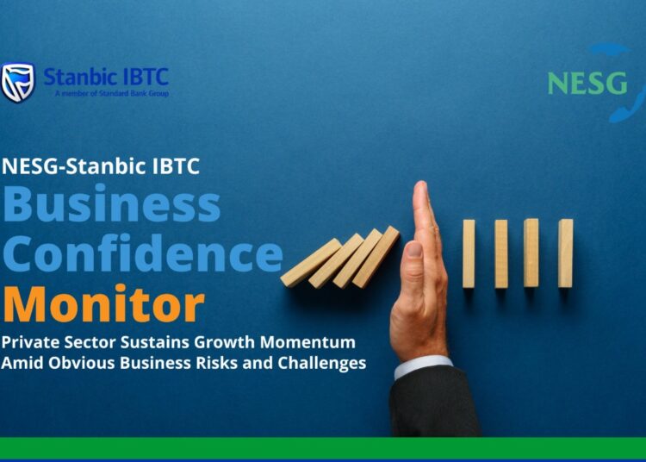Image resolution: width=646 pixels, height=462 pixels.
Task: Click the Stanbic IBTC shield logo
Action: coord(17,83)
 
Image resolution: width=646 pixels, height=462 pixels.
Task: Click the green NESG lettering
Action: coord(587,83)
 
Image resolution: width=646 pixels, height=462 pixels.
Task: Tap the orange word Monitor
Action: coord(102,303)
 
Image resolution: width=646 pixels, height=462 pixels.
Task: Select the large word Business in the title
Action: coord(111,205)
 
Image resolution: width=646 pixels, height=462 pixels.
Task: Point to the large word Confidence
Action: coord(142,254)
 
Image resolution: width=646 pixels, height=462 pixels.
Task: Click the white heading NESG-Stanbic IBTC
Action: coord(101,165)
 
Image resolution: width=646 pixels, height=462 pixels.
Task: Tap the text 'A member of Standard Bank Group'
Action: coord(111,93)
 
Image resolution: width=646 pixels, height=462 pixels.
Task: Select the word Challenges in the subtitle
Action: coord(321,363)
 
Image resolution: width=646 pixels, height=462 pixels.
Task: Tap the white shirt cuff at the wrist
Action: coord(422,365)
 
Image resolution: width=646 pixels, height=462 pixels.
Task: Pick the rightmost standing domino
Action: coord(565,253)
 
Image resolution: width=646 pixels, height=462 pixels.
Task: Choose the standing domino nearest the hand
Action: coord(469,253)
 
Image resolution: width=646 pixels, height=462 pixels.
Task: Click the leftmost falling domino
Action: coord(311,263)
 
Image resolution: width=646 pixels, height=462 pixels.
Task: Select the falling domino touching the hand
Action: coord(376,256)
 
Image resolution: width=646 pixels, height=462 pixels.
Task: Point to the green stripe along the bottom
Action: coord(323,447)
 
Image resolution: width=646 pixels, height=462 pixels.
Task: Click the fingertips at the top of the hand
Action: coord(421,191)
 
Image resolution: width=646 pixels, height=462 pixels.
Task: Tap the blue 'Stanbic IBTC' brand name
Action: coord(105,76)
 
